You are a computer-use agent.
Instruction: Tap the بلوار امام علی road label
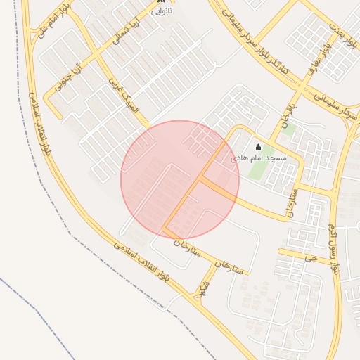pos(53,22)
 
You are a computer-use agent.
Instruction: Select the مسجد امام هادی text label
pos(259,159)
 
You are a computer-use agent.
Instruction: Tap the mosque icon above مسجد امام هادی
pos(258,147)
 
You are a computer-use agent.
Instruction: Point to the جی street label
pos(310,257)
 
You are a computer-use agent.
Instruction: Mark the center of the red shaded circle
pos(180,180)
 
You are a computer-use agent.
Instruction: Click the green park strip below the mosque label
pos(275,175)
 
